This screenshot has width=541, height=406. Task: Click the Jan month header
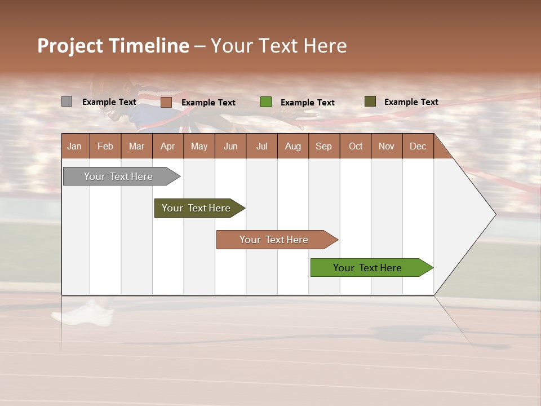[74, 147]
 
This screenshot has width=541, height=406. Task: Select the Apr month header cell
[167, 147]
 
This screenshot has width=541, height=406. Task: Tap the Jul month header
[261, 147]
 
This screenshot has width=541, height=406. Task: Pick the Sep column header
[323, 147]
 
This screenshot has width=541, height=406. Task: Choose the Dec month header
[418, 147]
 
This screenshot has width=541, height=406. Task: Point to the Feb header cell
[105, 147]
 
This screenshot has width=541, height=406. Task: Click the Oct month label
[356, 147]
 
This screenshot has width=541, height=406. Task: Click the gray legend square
[66, 101]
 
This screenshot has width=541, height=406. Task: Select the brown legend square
[166, 102]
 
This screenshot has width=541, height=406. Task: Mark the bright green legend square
[266, 102]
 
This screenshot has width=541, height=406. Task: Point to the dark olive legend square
[370, 101]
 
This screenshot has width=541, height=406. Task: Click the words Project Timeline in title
[113, 46]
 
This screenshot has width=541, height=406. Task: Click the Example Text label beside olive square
[411, 102]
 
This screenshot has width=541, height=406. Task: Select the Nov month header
[387, 147]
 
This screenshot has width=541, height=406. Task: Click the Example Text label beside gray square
[109, 102]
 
